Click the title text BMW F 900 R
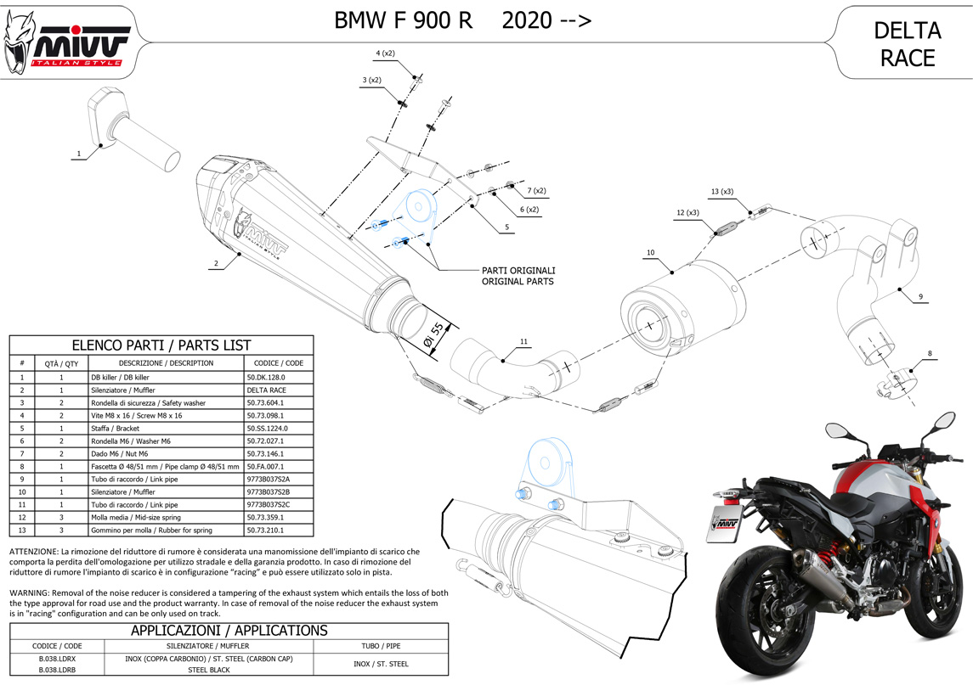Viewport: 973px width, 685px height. coord(404,21)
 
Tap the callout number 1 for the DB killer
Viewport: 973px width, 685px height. coord(78,154)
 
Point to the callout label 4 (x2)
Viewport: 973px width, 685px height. coord(385,53)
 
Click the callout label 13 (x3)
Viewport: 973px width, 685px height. coord(722,191)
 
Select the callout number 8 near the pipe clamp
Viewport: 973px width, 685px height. coord(930,353)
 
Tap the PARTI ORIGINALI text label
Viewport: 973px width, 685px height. coord(518,270)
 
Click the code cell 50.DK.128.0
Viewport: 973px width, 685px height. coord(266,376)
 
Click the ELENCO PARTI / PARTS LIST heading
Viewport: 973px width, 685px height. coord(161,345)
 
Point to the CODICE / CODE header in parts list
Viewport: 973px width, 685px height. coord(279,362)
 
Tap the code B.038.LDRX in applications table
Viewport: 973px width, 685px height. coord(57,658)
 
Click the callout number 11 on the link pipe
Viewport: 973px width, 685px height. coord(523,341)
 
